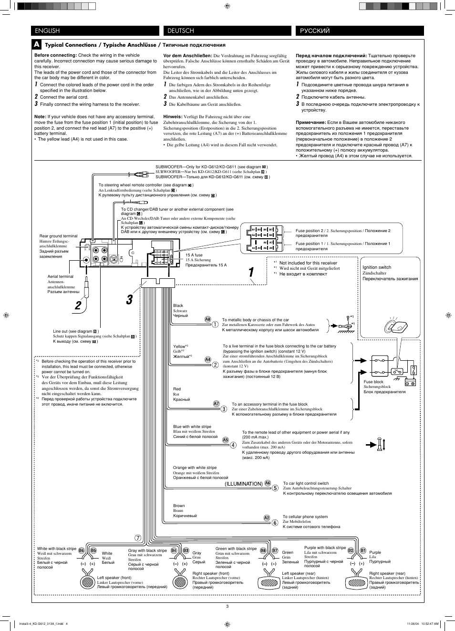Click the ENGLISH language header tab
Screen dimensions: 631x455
tap(95, 31)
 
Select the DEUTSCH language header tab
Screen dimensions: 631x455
tap(227, 31)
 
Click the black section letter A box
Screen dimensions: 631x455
tap(37, 44)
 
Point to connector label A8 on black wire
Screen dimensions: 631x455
tap(208, 319)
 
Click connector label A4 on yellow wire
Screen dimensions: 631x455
tap(208, 360)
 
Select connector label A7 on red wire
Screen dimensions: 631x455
tap(216, 404)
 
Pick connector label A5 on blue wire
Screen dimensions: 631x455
tap(226, 440)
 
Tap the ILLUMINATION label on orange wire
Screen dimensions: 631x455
tap(244, 484)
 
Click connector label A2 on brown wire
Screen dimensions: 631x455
tap(267, 518)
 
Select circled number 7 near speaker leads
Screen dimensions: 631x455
tap(138, 538)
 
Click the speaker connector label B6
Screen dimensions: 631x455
tap(82, 550)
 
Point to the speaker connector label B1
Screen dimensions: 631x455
tap(363, 550)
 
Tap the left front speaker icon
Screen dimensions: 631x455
tap(88, 581)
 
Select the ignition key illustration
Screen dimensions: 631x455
tap(395, 327)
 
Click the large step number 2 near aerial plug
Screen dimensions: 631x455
tap(78, 305)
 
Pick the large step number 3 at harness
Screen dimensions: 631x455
tap(129, 299)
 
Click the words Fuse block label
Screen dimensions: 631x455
tap(373, 382)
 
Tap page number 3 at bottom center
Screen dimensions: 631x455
tap(227, 606)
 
